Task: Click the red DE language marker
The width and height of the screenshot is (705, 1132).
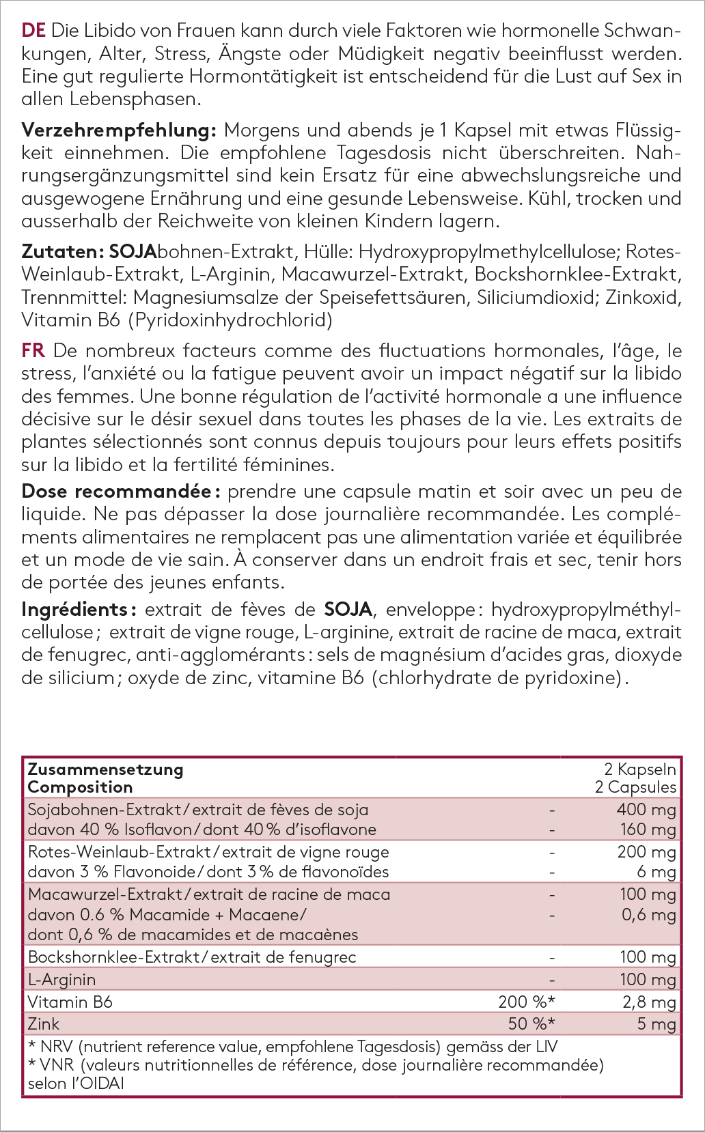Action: pos(33,31)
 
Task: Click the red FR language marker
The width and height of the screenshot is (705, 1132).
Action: pos(33,351)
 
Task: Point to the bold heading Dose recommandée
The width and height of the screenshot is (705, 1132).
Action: pos(120,492)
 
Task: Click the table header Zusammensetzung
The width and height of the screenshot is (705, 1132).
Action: pos(105,769)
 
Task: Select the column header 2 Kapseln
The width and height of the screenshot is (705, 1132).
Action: pos(640,769)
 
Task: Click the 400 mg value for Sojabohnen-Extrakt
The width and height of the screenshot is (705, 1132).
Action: pos(646,810)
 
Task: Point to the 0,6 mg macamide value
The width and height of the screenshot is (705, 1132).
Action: pos(648,914)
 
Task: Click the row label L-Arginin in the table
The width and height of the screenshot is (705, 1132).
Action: pos(61,980)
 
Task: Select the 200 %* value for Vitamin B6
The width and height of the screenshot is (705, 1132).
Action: pos(526,1002)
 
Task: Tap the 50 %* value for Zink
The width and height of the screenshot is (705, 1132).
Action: pos(531,1024)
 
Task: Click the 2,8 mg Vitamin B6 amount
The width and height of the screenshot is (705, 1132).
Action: pos(648,1002)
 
